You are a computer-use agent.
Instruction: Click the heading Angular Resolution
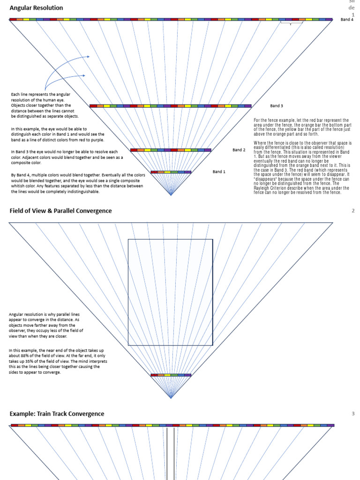point(36,8)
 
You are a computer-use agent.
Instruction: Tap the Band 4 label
point(347,20)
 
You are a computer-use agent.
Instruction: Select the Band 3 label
point(277,106)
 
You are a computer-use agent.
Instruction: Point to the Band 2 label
point(239,150)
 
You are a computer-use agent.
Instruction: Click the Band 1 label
point(219,172)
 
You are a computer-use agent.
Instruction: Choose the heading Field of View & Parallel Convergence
point(60,211)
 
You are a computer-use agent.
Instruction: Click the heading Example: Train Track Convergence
point(57,414)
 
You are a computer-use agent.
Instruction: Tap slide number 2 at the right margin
point(353,211)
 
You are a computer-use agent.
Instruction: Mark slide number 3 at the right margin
point(353,413)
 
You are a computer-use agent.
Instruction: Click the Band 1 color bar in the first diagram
point(171,172)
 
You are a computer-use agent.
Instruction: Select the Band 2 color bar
point(171,150)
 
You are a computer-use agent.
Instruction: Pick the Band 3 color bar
point(171,106)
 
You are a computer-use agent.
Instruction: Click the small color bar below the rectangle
point(171,375)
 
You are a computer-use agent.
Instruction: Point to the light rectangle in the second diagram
point(171,292)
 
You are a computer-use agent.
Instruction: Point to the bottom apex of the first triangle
point(171,195)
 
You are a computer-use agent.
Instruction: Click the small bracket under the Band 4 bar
point(291,23)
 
